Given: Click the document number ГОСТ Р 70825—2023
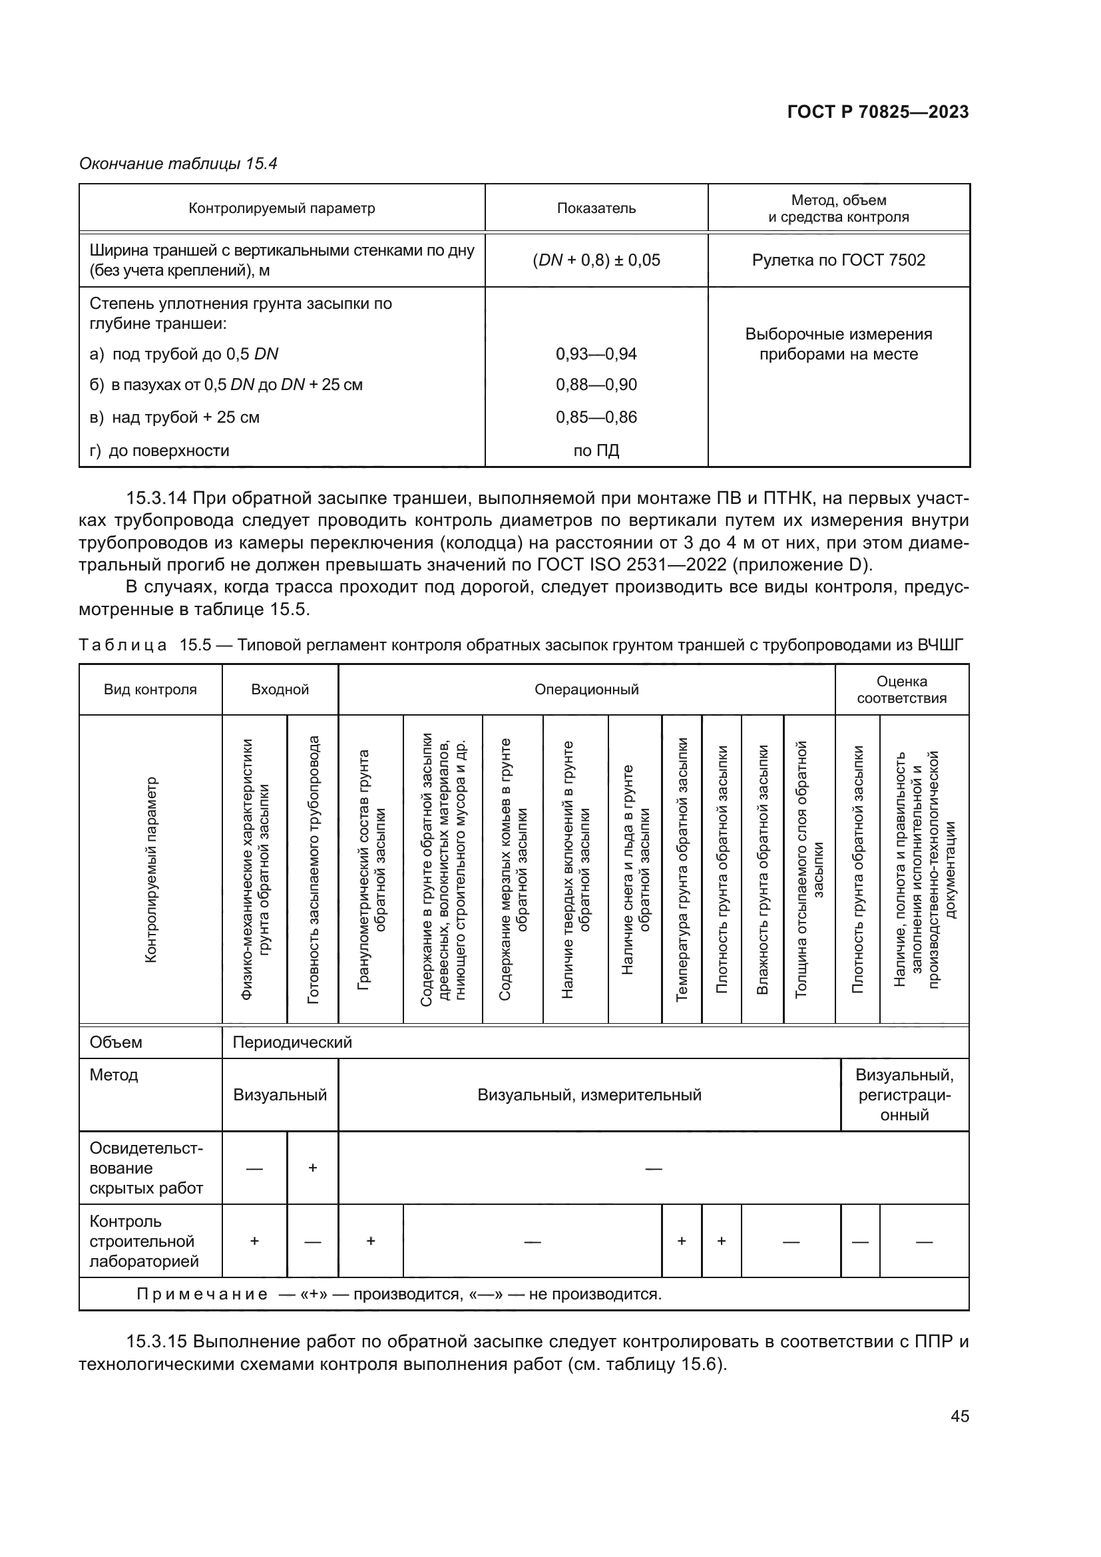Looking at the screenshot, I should click(x=877, y=112).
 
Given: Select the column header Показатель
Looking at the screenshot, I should click(x=596, y=208).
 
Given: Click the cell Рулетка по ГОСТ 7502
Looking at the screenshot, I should click(x=838, y=260).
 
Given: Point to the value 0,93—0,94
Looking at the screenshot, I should click(x=596, y=354).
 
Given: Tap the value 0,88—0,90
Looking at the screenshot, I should click(x=596, y=385).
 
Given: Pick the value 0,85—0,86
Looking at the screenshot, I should click(x=596, y=418).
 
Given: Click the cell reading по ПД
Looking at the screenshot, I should click(x=596, y=451).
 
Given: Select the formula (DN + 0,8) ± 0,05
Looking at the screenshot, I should click(x=596, y=260).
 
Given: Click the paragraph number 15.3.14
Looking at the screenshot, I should click(x=156, y=499).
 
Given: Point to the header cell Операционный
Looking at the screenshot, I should click(x=586, y=690).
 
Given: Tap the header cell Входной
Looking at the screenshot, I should click(x=280, y=690).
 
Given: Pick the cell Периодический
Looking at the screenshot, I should click(x=292, y=1042).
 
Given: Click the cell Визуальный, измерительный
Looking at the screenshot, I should click(x=589, y=1095).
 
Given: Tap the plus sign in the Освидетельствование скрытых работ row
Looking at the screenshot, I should click(x=313, y=1168).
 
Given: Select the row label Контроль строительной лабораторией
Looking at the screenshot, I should click(x=145, y=1241).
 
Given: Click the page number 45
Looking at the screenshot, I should click(x=959, y=1416).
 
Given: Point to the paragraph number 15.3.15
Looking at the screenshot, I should click(x=156, y=1342).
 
